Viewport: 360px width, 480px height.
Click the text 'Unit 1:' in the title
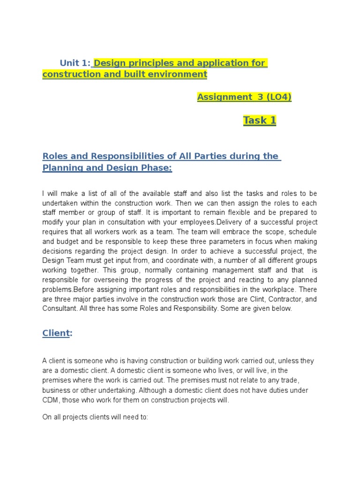coord(75,63)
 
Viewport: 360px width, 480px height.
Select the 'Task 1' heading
coord(260,120)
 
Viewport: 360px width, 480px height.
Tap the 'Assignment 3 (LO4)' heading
coord(244,97)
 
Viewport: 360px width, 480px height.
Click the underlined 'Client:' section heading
coord(56,333)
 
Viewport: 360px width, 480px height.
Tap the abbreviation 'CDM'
coord(50,399)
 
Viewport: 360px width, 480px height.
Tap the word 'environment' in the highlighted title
coord(180,75)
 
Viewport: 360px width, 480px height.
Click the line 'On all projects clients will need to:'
coord(95,416)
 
